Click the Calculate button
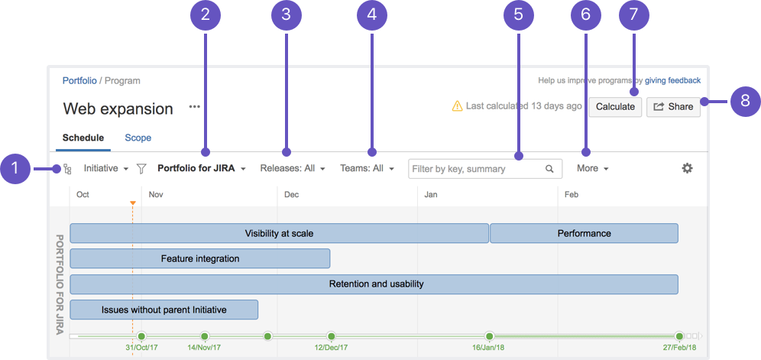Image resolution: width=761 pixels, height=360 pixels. (615, 107)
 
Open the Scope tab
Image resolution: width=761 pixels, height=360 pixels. (138, 138)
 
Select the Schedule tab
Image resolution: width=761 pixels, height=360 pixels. (83, 138)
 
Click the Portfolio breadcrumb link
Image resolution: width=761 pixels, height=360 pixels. (79, 81)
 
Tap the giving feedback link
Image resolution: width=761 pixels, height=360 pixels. (672, 81)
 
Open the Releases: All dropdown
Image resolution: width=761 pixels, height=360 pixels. (292, 169)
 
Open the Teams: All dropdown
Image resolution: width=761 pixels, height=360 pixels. (367, 169)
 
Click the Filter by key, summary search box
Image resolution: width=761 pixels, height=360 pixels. (485, 169)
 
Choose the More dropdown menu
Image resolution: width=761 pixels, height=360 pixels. (593, 169)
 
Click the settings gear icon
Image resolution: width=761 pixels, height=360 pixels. (687, 169)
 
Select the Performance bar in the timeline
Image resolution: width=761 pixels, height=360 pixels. (584, 233)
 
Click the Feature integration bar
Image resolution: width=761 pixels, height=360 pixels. (200, 258)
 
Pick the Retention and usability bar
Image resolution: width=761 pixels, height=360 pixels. (374, 284)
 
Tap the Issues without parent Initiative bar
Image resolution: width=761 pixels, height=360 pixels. (164, 310)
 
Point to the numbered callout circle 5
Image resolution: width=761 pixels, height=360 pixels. (518, 15)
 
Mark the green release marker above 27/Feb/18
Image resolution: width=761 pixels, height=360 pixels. (679, 336)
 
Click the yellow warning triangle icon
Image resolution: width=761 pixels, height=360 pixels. (457, 106)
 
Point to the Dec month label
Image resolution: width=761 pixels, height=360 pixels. (291, 195)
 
